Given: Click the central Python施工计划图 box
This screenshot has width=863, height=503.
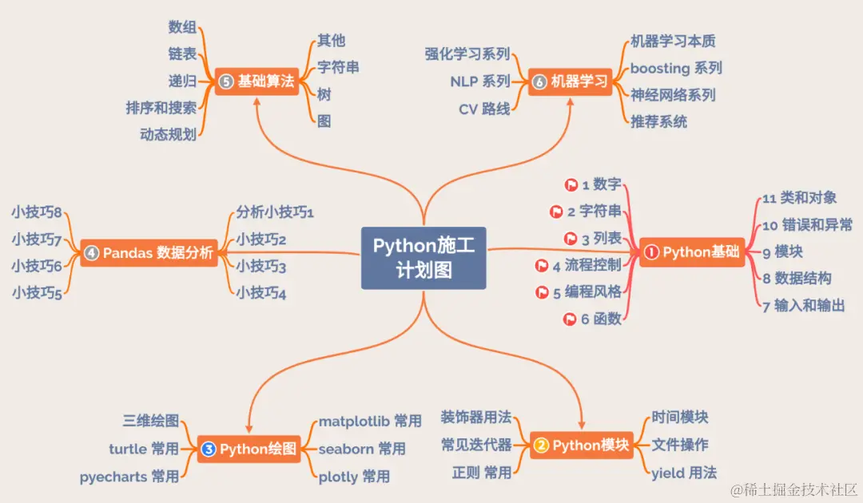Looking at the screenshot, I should coord(424,258).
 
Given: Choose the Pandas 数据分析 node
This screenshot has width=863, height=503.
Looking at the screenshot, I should coord(149,253).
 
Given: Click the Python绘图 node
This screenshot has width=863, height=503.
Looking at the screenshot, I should coord(249,449).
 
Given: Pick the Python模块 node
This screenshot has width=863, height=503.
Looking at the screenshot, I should coord(581,445).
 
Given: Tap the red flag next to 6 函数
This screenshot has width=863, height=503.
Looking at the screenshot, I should coord(571,319).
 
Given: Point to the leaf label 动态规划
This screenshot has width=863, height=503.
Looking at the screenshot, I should coord(168,135).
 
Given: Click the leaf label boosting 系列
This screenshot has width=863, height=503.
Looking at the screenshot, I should coord(676,69).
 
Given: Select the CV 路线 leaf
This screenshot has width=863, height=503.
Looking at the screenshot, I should coord(484,109).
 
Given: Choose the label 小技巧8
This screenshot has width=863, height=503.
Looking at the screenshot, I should coord(37,212).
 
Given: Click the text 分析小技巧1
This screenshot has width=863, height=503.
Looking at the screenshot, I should coord(275,212).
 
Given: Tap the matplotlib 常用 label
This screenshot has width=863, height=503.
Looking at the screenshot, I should coord(370,422).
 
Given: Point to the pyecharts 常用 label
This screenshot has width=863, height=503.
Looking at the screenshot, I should coord(129,477).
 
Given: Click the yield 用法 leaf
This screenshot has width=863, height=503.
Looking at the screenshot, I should coord(684,473).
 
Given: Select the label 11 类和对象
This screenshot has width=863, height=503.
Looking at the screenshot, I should coord(799,198).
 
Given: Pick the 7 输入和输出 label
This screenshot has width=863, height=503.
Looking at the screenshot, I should coord(803,305).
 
